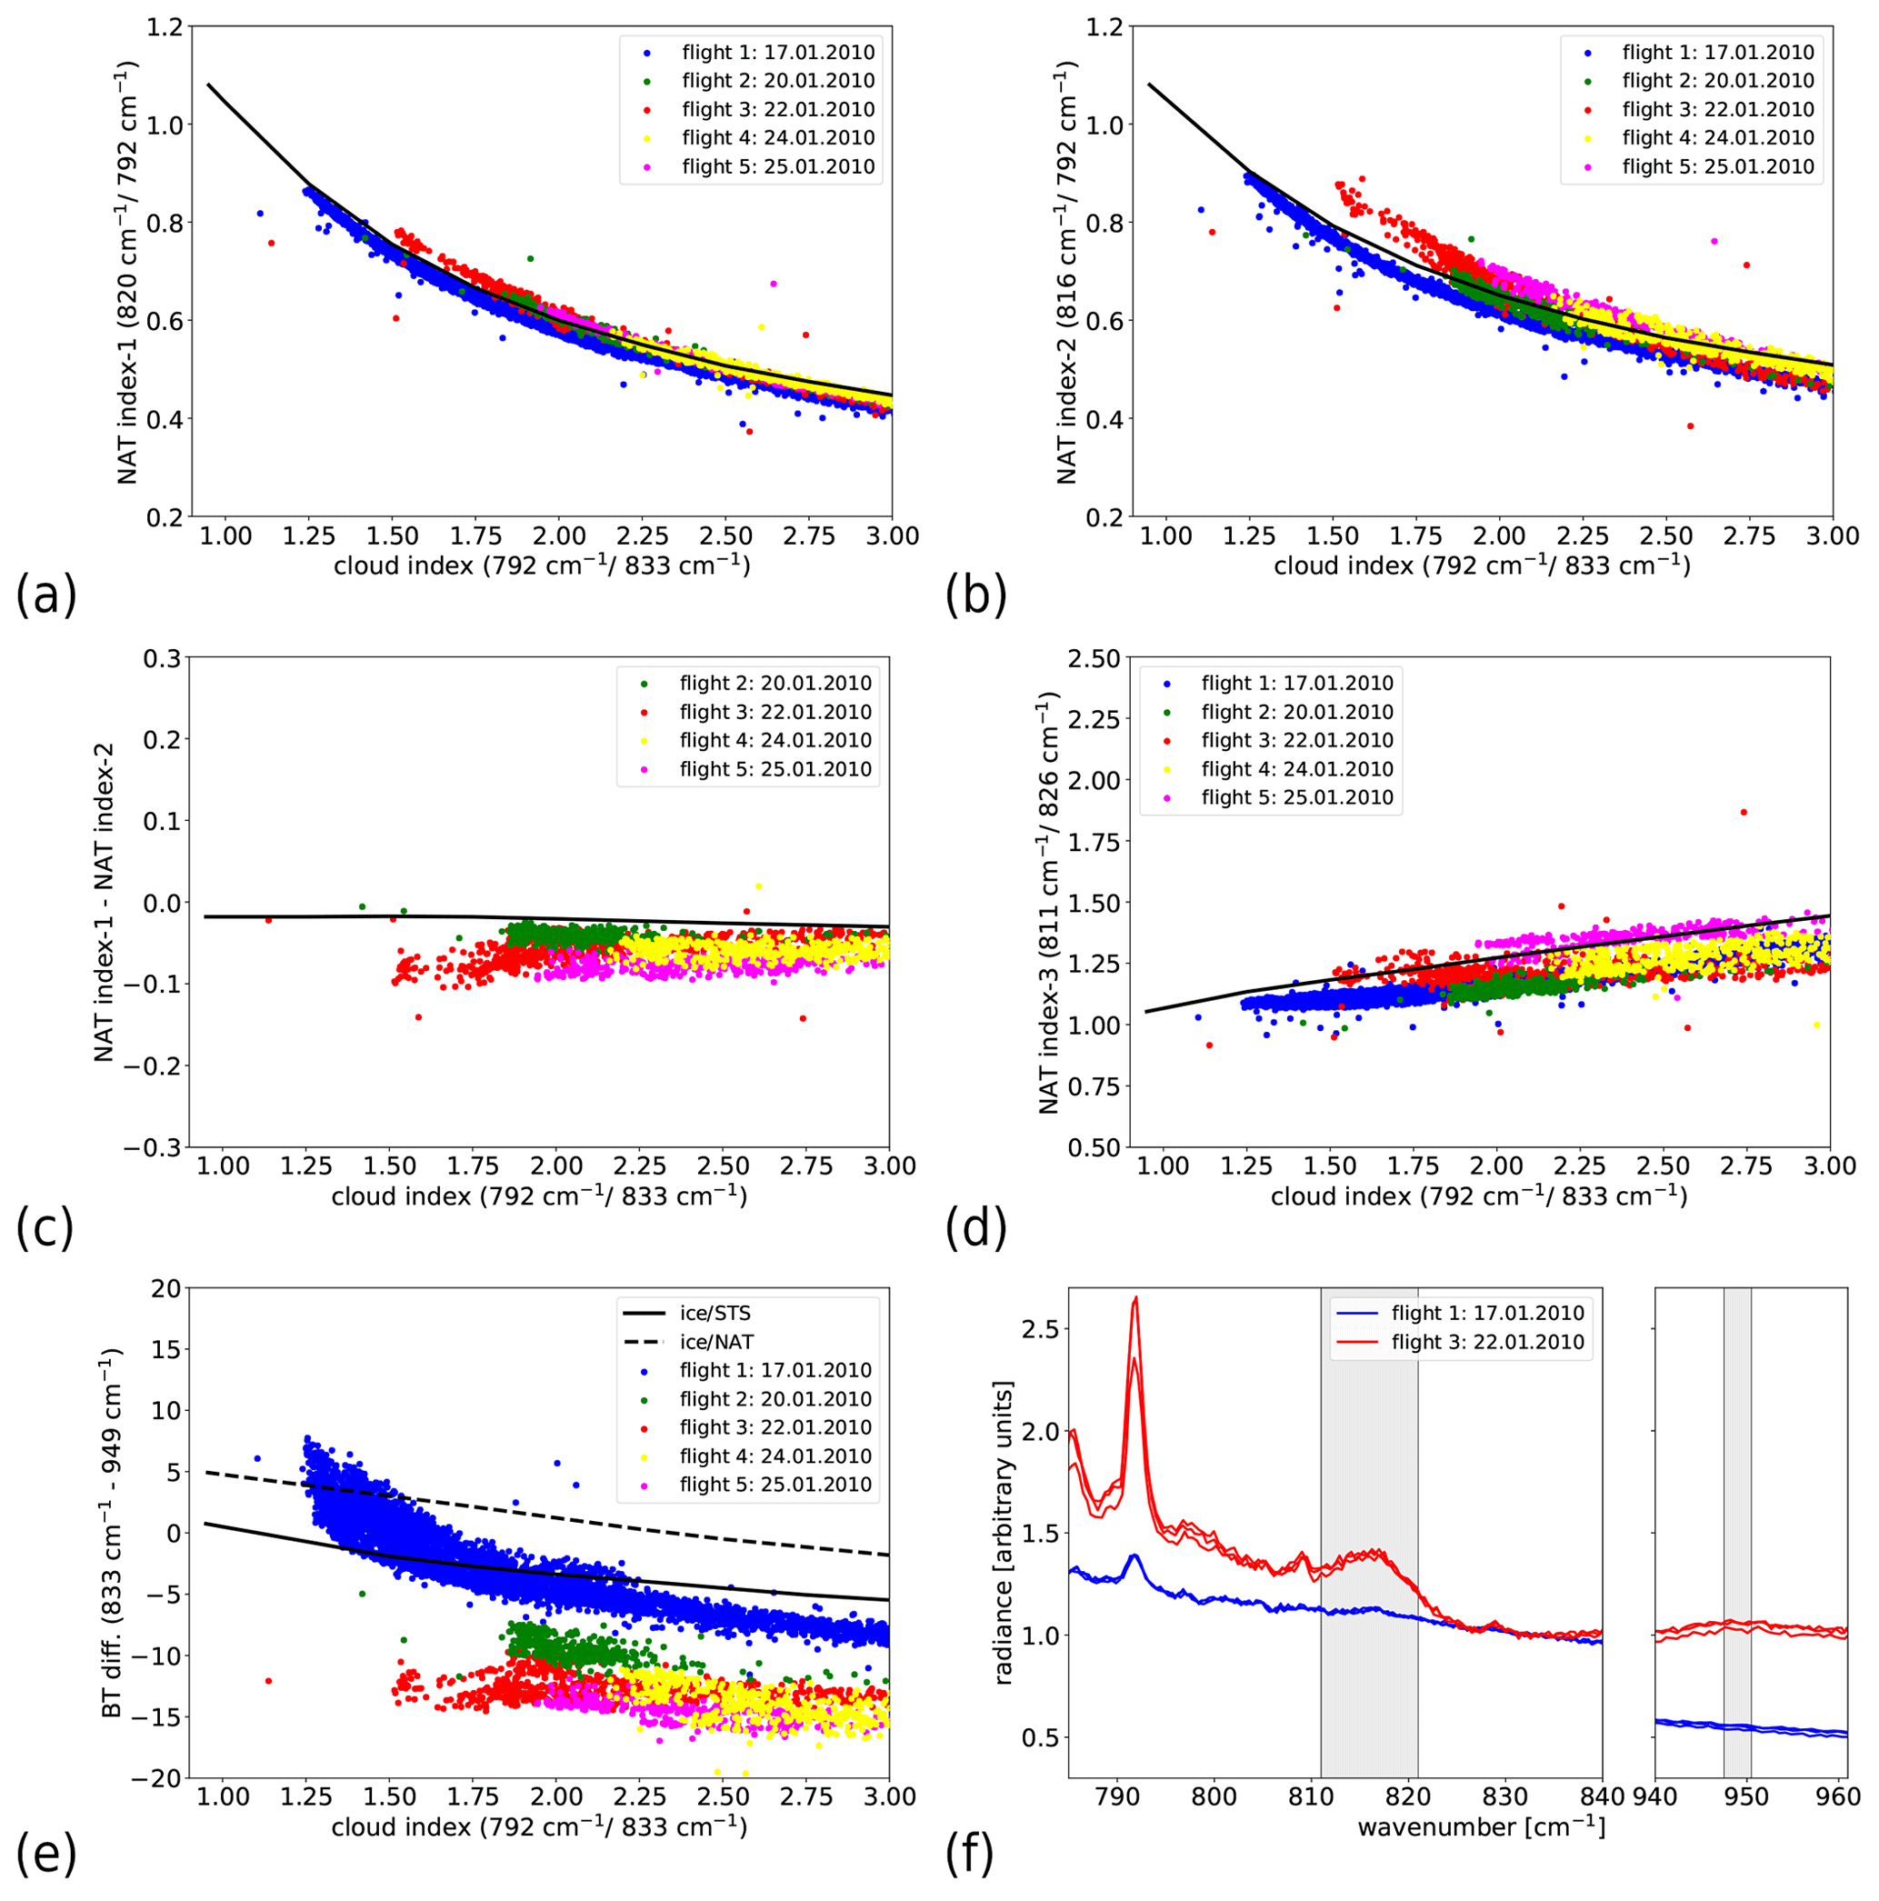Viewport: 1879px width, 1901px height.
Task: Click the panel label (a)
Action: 45,596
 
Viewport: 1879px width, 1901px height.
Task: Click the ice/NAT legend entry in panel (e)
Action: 716,1342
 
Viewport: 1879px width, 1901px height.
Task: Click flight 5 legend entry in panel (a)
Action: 777,166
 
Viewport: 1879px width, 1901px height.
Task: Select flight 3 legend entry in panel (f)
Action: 1486,1342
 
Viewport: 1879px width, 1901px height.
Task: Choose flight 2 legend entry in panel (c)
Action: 775,683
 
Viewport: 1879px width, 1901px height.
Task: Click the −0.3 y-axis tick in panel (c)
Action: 152,1147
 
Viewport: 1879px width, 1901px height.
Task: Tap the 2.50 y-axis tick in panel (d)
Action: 1094,658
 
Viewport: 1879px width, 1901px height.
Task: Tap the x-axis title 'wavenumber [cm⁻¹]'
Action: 1481,1827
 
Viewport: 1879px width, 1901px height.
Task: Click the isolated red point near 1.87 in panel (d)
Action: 1744,812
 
